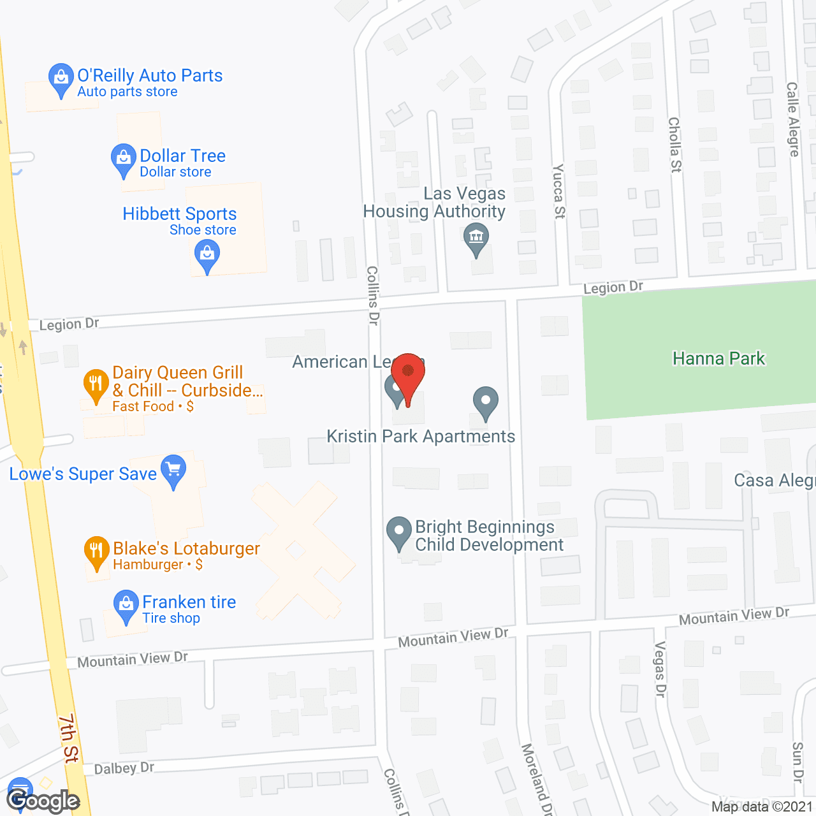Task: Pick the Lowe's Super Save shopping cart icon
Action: tap(173, 470)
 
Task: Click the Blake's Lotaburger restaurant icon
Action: tap(96, 551)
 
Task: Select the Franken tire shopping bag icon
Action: tap(126, 606)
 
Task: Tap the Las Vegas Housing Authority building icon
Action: tap(476, 238)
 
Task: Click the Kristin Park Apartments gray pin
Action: tap(486, 402)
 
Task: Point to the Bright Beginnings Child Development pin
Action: tap(399, 532)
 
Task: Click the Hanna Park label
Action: tap(718, 358)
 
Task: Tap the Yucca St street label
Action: tap(558, 191)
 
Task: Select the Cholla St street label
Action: tap(674, 145)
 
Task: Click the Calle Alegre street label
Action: tap(792, 119)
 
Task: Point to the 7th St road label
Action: tap(69, 738)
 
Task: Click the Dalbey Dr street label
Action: tap(124, 768)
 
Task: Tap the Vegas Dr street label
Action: tap(660, 669)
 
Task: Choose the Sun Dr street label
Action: tap(797, 762)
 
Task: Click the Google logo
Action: tap(43, 801)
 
